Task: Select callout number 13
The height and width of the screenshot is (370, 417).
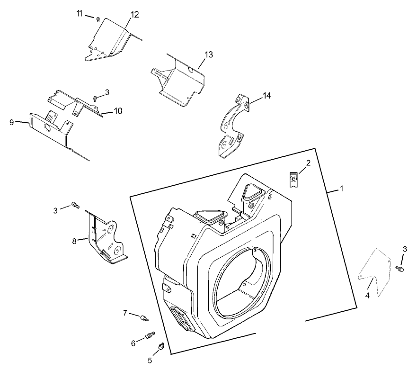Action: click(209, 54)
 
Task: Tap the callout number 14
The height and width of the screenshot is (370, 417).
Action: click(266, 96)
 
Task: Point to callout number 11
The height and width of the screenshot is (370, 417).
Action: click(80, 13)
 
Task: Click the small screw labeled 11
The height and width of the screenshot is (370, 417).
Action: click(98, 19)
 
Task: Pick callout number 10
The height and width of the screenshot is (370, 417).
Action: click(118, 111)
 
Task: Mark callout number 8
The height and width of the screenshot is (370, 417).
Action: click(74, 241)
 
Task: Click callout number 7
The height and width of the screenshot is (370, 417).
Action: click(125, 313)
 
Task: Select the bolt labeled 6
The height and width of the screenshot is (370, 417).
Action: click(151, 335)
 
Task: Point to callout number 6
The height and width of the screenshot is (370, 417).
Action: click(133, 343)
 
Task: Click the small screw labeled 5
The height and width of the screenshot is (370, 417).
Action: click(161, 347)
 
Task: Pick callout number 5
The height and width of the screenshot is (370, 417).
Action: click(150, 360)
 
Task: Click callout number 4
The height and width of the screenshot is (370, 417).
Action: click(368, 296)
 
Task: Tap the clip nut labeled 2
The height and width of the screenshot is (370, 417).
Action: click(294, 180)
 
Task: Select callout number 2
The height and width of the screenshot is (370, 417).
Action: click(308, 163)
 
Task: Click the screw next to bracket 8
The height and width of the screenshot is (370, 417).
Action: click(75, 205)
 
